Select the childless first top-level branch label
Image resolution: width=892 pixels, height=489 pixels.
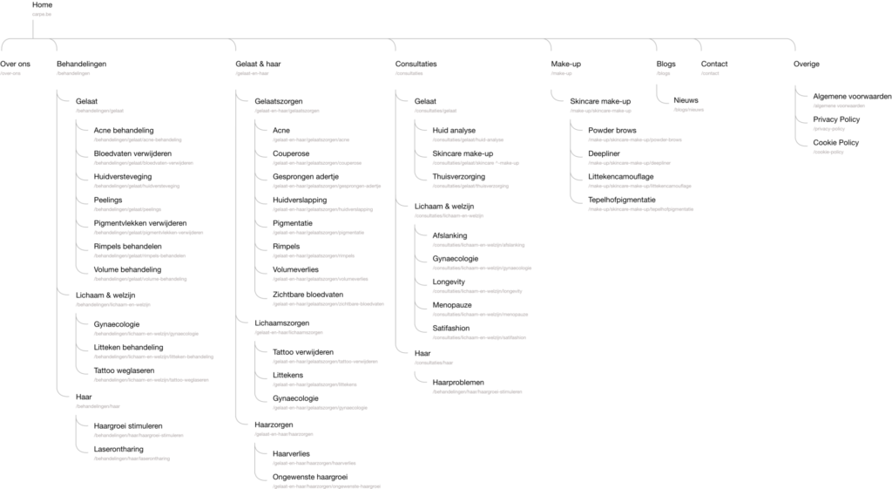coord(10,73)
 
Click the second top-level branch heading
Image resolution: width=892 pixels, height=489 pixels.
coord(73,73)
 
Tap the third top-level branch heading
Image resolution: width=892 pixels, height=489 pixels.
coord(253,73)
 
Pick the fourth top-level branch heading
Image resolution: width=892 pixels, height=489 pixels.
coord(409,73)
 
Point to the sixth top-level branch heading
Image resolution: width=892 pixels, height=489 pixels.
coord(664,73)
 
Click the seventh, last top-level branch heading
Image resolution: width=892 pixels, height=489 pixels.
coord(710,73)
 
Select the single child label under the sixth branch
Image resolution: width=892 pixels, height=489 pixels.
coord(688,110)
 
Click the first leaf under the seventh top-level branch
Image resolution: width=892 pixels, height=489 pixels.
coord(838,105)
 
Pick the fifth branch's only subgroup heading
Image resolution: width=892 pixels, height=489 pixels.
coord(601,111)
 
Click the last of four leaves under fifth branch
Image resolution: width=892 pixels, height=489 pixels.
coord(640,209)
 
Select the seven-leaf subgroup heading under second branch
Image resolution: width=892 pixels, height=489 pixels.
coord(99,111)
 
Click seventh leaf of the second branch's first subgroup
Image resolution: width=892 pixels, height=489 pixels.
coord(139,279)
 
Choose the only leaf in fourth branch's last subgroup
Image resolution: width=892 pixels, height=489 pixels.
coord(477,391)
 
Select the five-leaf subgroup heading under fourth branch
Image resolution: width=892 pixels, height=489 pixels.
coord(448,214)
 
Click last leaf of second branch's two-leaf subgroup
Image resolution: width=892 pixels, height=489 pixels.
coord(132,458)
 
